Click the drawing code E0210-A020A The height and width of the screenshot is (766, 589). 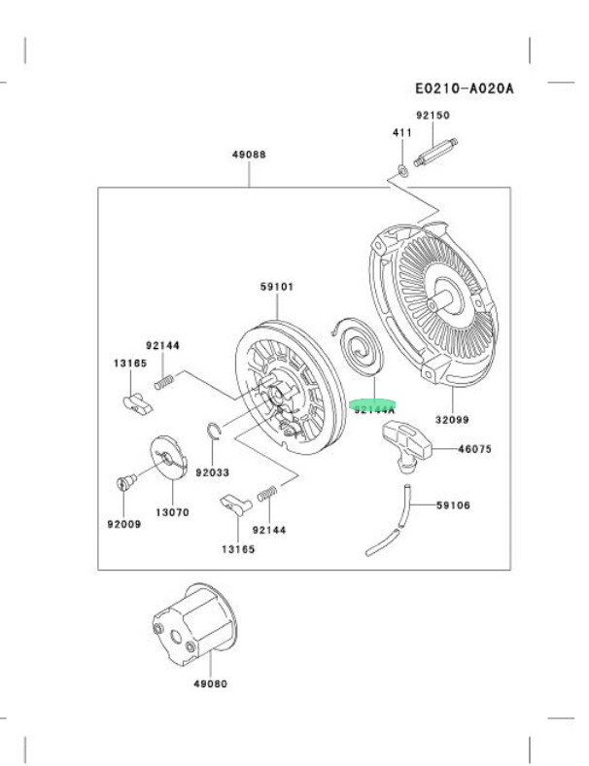[x=464, y=88]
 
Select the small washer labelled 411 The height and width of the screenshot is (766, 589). [x=400, y=171]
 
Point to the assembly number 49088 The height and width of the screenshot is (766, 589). [x=249, y=155]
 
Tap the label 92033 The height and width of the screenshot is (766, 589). [x=212, y=472]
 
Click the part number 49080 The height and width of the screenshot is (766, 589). [x=208, y=683]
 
